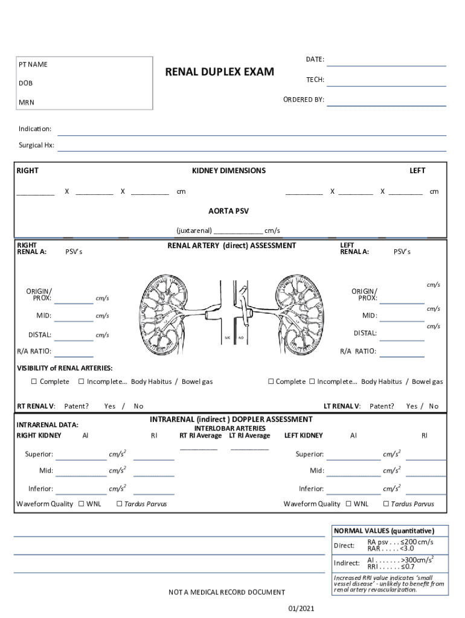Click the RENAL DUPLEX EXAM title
tap(219, 72)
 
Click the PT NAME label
tap(33, 65)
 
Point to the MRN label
tap(27, 103)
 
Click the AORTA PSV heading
tap(228, 211)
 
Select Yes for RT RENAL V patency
tap(110, 406)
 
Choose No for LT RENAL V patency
tap(434, 406)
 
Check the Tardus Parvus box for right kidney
tap(119, 504)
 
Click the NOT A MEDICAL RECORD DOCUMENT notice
tap(226, 592)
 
